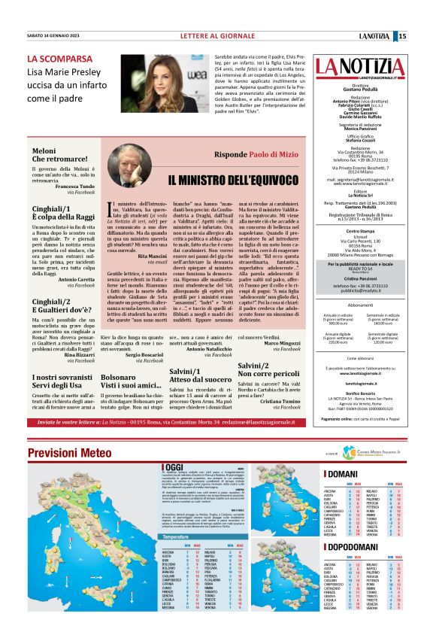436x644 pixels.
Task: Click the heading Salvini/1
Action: (186, 369)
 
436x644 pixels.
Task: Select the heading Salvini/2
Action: (255, 366)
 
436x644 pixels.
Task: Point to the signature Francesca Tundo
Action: (74, 184)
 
